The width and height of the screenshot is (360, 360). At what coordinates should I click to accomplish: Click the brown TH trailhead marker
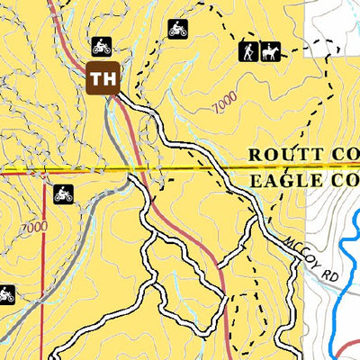click(x=103, y=78)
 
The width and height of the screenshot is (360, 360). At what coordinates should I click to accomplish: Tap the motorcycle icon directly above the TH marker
click(x=101, y=46)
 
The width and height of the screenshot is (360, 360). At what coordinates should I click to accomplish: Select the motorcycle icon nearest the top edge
click(x=178, y=29)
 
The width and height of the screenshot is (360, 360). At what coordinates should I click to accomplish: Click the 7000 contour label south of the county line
click(x=33, y=227)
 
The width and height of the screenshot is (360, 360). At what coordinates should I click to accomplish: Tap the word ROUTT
click(x=283, y=154)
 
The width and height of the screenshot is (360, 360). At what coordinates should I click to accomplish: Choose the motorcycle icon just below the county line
click(x=63, y=193)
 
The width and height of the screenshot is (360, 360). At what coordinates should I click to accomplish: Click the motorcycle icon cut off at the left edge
click(x=5, y=294)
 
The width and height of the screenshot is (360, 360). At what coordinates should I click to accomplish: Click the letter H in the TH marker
click(x=109, y=78)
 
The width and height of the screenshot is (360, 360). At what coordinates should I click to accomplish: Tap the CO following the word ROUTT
click(x=346, y=154)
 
